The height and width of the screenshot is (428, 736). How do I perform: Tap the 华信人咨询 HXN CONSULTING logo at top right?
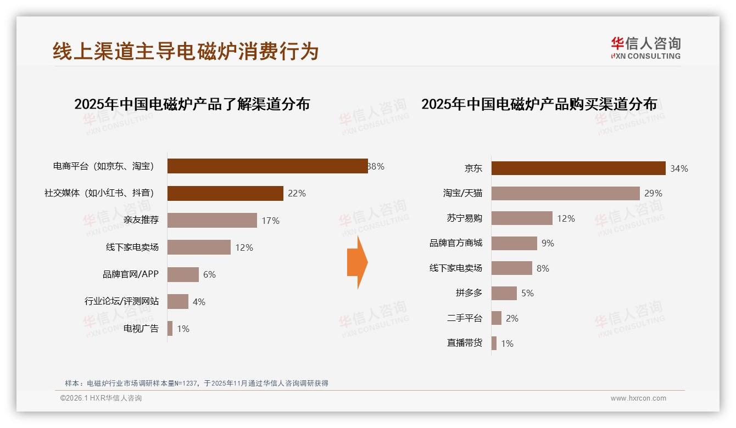click(645, 48)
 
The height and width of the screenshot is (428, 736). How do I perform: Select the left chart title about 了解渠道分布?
click(192, 104)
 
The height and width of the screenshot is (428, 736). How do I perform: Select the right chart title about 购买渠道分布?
click(539, 104)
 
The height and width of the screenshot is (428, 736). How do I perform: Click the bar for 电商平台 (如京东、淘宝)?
click(267, 166)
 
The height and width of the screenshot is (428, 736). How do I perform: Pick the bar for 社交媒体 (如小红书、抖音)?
click(225, 193)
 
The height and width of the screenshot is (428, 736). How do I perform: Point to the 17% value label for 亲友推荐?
click(270, 221)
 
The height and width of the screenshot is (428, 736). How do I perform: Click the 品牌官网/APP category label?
click(131, 274)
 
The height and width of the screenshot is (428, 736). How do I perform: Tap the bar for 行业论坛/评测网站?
click(177, 302)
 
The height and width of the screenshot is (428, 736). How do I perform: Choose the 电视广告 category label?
click(141, 329)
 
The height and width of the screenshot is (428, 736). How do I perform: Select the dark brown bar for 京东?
click(578, 168)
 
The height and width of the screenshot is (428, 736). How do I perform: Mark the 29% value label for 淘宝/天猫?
click(653, 193)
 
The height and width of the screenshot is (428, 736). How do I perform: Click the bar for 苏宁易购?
click(521, 218)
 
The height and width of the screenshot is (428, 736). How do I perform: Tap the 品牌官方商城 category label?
click(455, 243)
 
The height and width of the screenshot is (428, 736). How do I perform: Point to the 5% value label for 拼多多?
click(527, 293)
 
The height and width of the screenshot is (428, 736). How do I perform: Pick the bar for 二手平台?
click(496, 318)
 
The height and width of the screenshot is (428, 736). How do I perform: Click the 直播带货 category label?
click(464, 343)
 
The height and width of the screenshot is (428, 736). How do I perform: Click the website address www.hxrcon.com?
click(638, 398)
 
